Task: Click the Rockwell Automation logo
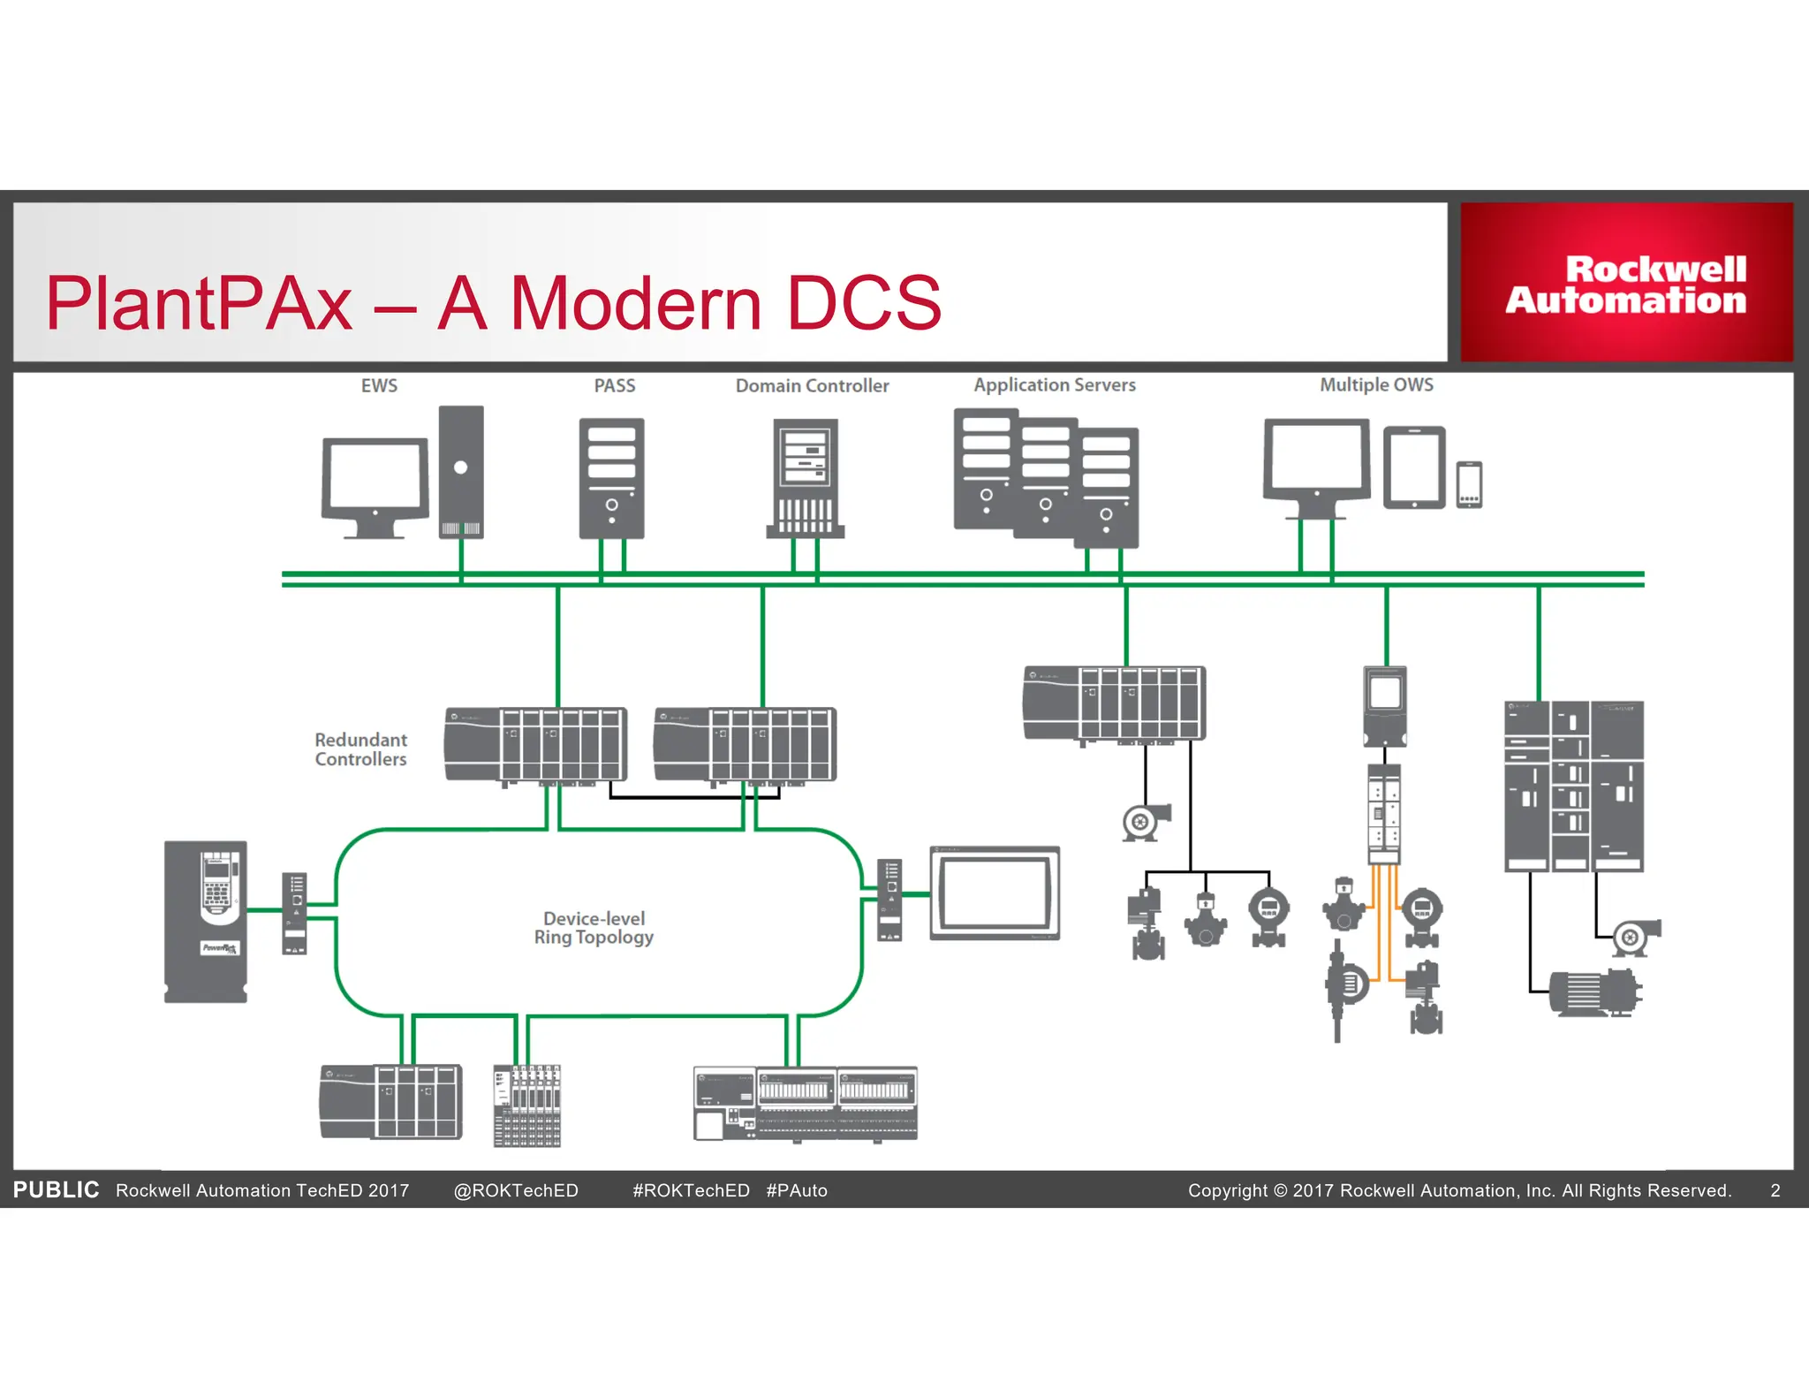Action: (1625, 284)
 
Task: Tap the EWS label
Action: (379, 386)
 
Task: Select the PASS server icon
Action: (611, 478)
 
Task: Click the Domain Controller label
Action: (812, 386)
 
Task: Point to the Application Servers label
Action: (1055, 385)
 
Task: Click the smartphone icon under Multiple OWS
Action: (1469, 485)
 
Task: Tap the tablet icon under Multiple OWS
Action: (1413, 467)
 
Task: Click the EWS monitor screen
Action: (375, 475)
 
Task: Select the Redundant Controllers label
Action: (360, 749)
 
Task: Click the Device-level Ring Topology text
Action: (594, 928)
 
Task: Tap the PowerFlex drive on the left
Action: (206, 922)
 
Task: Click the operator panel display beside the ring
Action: (995, 893)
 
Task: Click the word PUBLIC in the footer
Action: (56, 1190)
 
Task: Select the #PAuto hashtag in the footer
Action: (797, 1190)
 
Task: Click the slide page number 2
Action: (1775, 1190)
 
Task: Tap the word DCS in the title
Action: (863, 303)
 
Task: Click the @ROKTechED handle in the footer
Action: (516, 1190)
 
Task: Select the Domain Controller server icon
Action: (805, 478)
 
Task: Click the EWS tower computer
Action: (461, 472)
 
